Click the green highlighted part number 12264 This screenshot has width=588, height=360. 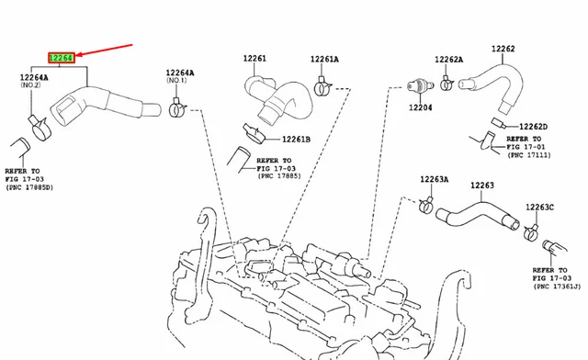(x=62, y=58)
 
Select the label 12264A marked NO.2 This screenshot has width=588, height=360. (x=34, y=77)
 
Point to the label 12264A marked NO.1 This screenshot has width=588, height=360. (x=180, y=73)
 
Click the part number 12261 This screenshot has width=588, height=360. (x=254, y=58)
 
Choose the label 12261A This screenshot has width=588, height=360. (x=324, y=59)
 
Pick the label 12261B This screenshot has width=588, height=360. (x=296, y=139)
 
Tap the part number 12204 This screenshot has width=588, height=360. (x=421, y=107)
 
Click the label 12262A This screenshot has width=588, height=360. (x=449, y=60)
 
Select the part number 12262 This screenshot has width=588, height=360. (x=503, y=49)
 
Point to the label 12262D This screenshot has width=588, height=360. (x=533, y=127)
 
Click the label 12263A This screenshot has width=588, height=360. (x=435, y=179)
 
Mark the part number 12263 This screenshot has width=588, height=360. (x=482, y=186)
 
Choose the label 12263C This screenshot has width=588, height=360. (x=539, y=208)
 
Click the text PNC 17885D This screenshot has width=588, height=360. (x=29, y=187)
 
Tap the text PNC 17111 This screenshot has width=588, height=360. (x=529, y=155)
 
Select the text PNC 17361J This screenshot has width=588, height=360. (x=557, y=287)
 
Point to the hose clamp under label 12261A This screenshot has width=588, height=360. (x=322, y=87)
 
